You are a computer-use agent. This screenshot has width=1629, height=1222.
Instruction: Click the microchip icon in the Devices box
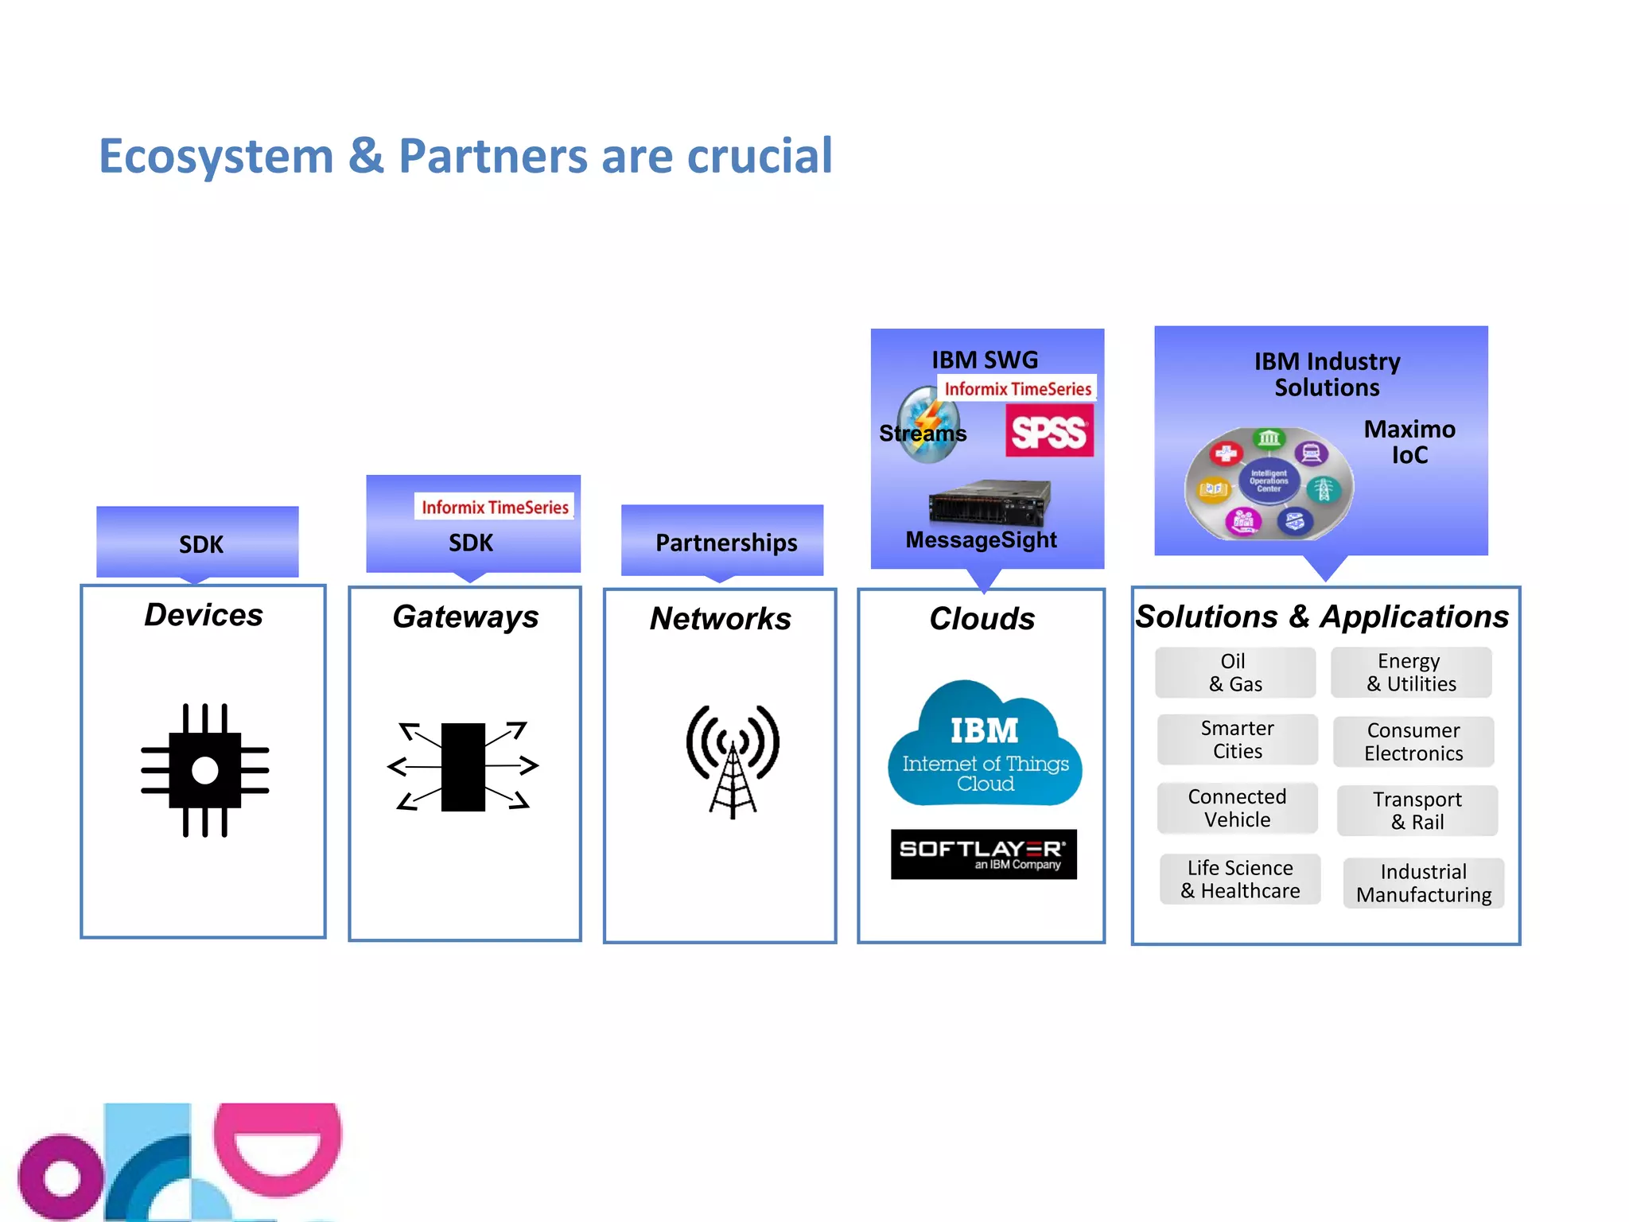(205, 769)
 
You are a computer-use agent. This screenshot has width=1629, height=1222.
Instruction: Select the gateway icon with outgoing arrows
(463, 766)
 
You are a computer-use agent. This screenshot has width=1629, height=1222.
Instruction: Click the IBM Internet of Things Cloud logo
(985, 745)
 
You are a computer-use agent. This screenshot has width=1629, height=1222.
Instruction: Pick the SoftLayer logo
(984, 854)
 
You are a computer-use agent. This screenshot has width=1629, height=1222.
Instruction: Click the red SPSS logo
(1049, 431)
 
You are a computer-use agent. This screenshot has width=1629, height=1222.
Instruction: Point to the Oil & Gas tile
(1234, 672)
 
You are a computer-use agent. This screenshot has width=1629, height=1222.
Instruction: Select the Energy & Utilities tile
(1411, 672)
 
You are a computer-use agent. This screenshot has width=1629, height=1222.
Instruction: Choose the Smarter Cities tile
(1237, 739)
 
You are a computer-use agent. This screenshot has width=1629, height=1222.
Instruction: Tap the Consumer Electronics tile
(1413, 741)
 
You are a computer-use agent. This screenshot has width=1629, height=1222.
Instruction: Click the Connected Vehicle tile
(1237, 808)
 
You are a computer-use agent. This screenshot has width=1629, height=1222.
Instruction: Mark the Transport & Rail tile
(1417, 810)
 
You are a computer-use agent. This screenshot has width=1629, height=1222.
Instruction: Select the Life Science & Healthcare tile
(1240, 879)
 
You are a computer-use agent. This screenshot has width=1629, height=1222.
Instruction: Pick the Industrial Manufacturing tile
(1423, 882)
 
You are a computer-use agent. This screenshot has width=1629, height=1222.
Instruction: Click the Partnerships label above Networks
(725, 543)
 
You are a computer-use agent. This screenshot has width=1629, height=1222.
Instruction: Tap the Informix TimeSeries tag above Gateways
(494, 507)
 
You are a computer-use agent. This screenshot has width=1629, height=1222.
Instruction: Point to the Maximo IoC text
(1409, 442)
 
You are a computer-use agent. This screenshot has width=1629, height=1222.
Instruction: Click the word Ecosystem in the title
(216, 156)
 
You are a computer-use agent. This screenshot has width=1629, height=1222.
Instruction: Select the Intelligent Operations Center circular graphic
(1268, 482)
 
